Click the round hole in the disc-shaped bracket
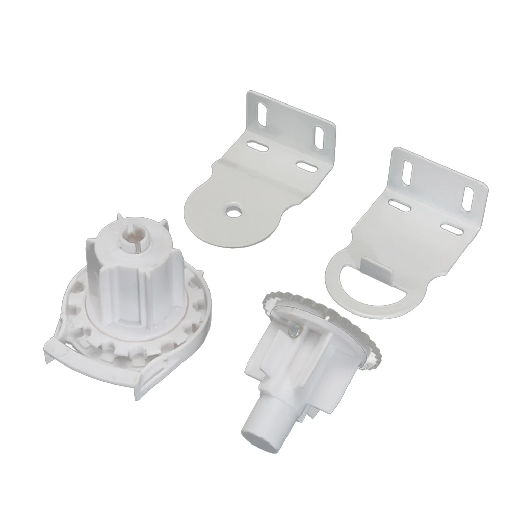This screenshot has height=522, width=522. [233, 210]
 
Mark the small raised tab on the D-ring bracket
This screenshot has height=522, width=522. [375, 264]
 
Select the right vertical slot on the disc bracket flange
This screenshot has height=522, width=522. [321, 137]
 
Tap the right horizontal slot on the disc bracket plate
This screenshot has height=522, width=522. [305, 166]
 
